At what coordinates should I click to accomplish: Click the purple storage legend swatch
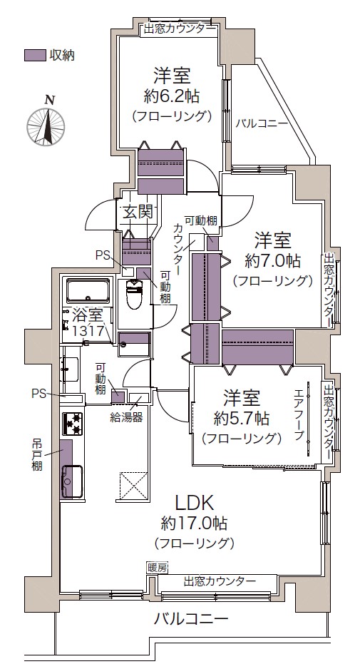coord(34,56)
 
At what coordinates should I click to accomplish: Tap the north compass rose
coord(46,126)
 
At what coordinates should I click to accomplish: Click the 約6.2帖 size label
coord(172,96)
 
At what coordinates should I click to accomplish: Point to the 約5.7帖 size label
coord(242,419)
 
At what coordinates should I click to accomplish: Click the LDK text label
coord(195,503)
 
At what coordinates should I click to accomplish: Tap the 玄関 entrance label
coord(138,212)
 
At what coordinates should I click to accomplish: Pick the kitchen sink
coord(73,481)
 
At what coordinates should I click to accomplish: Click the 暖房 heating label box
coord(157,568)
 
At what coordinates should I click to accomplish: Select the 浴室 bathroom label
coord(87,316)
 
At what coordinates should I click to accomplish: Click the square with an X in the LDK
coord(133,485)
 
